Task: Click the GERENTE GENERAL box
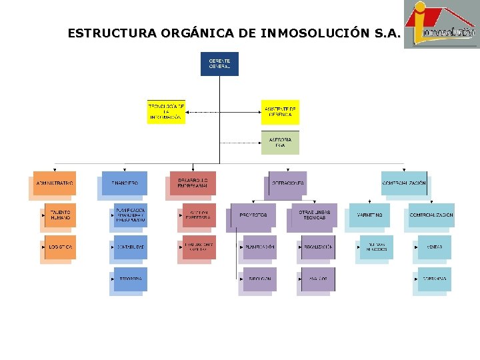coord(219,64)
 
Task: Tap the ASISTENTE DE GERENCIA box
coord(280,112)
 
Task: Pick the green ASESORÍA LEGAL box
coord(280,143)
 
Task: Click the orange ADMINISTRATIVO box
coord(55,183)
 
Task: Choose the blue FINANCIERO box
coord(125,183)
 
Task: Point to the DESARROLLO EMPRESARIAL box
coord(193,183)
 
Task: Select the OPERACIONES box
coord(288,183)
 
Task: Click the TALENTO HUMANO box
coord(61,215)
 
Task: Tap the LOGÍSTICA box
coord(61,247)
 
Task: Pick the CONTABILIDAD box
coord(130,247)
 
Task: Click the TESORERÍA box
coord(130,279)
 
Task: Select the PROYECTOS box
coord(253,215)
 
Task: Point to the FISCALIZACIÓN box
coord(317,247)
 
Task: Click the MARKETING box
coord(371,215)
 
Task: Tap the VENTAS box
coord(434,247)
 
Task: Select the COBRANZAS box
coord(434,279)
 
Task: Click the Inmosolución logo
coord(441,25)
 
